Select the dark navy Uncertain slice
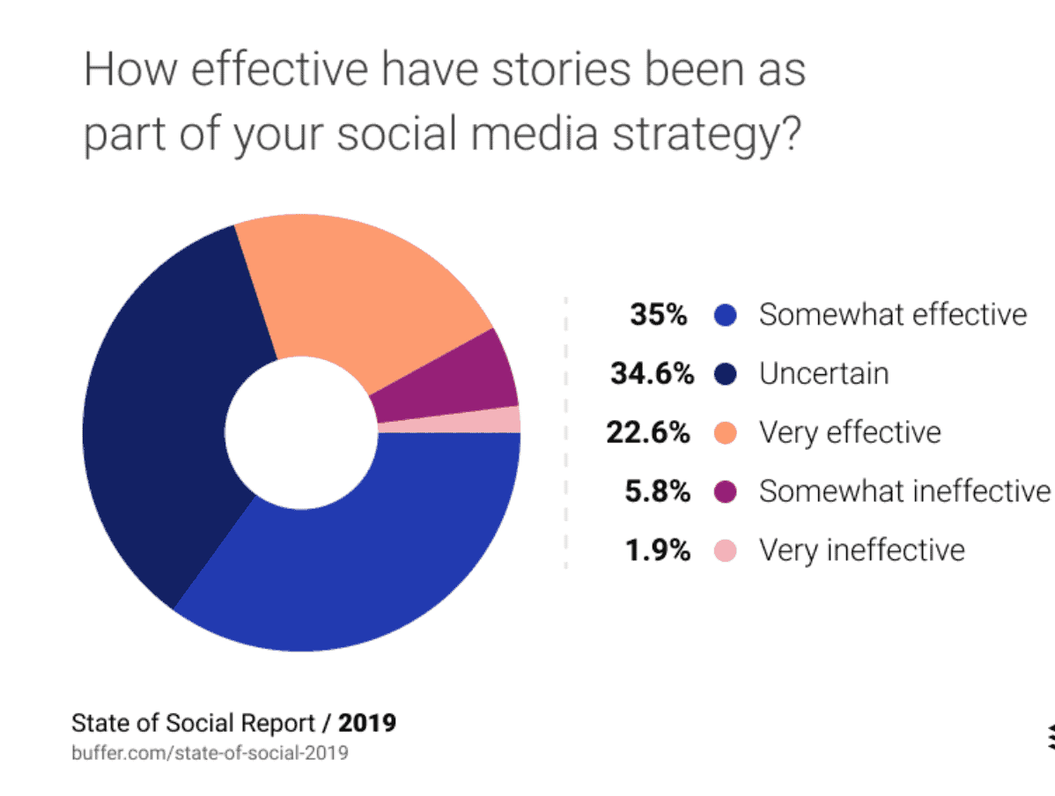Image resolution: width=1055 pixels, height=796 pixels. tap(167, 414)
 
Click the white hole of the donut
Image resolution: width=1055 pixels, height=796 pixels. tap(301, 431)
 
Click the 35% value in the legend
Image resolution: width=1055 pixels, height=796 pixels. tap(658, 314)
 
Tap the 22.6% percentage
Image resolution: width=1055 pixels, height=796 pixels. tap(648, 432)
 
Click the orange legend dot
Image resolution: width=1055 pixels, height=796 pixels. tap(724, 433)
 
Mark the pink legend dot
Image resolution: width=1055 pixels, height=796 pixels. tap(724, 551)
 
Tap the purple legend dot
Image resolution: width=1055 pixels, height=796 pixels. tap(724, 492)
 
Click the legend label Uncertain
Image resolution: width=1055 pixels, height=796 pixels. tap(823, 373)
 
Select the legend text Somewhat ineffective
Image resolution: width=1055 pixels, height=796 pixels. tap(904, 491)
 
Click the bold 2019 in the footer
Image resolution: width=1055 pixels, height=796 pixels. tap(367, 723)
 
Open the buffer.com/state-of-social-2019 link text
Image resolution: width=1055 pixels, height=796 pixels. tap(210, 753)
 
